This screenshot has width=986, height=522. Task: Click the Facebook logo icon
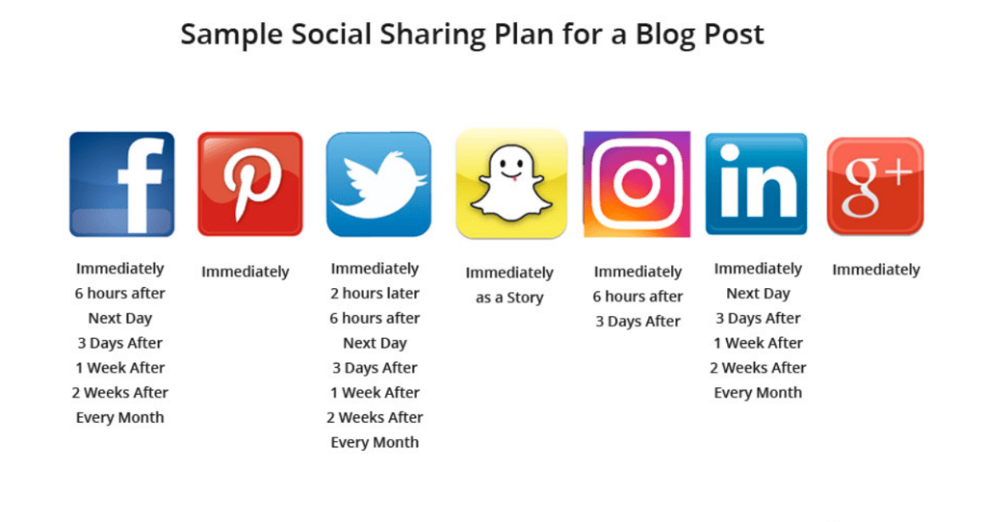122,184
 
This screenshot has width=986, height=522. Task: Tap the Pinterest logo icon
250,184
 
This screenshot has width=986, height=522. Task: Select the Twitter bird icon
378,184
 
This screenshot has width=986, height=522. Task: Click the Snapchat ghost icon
511,184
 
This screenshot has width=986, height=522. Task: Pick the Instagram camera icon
637,184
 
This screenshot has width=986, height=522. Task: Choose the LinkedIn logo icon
757,184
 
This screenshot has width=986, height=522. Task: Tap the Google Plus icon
875,186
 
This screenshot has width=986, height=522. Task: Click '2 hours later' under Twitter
375,293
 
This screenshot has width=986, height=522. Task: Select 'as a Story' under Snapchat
509,298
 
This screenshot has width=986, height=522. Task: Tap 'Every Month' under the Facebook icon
120,418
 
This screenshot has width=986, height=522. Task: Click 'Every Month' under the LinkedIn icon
758,392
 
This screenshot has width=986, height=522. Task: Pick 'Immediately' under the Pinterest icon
246,272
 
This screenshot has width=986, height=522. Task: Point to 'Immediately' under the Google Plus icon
876,270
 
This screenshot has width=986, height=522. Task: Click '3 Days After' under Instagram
637,322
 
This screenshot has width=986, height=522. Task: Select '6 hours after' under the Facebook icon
120,293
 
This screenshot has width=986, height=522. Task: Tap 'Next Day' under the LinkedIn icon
758,294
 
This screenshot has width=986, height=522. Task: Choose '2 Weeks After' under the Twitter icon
375,417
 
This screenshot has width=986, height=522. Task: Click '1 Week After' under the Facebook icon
120,368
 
